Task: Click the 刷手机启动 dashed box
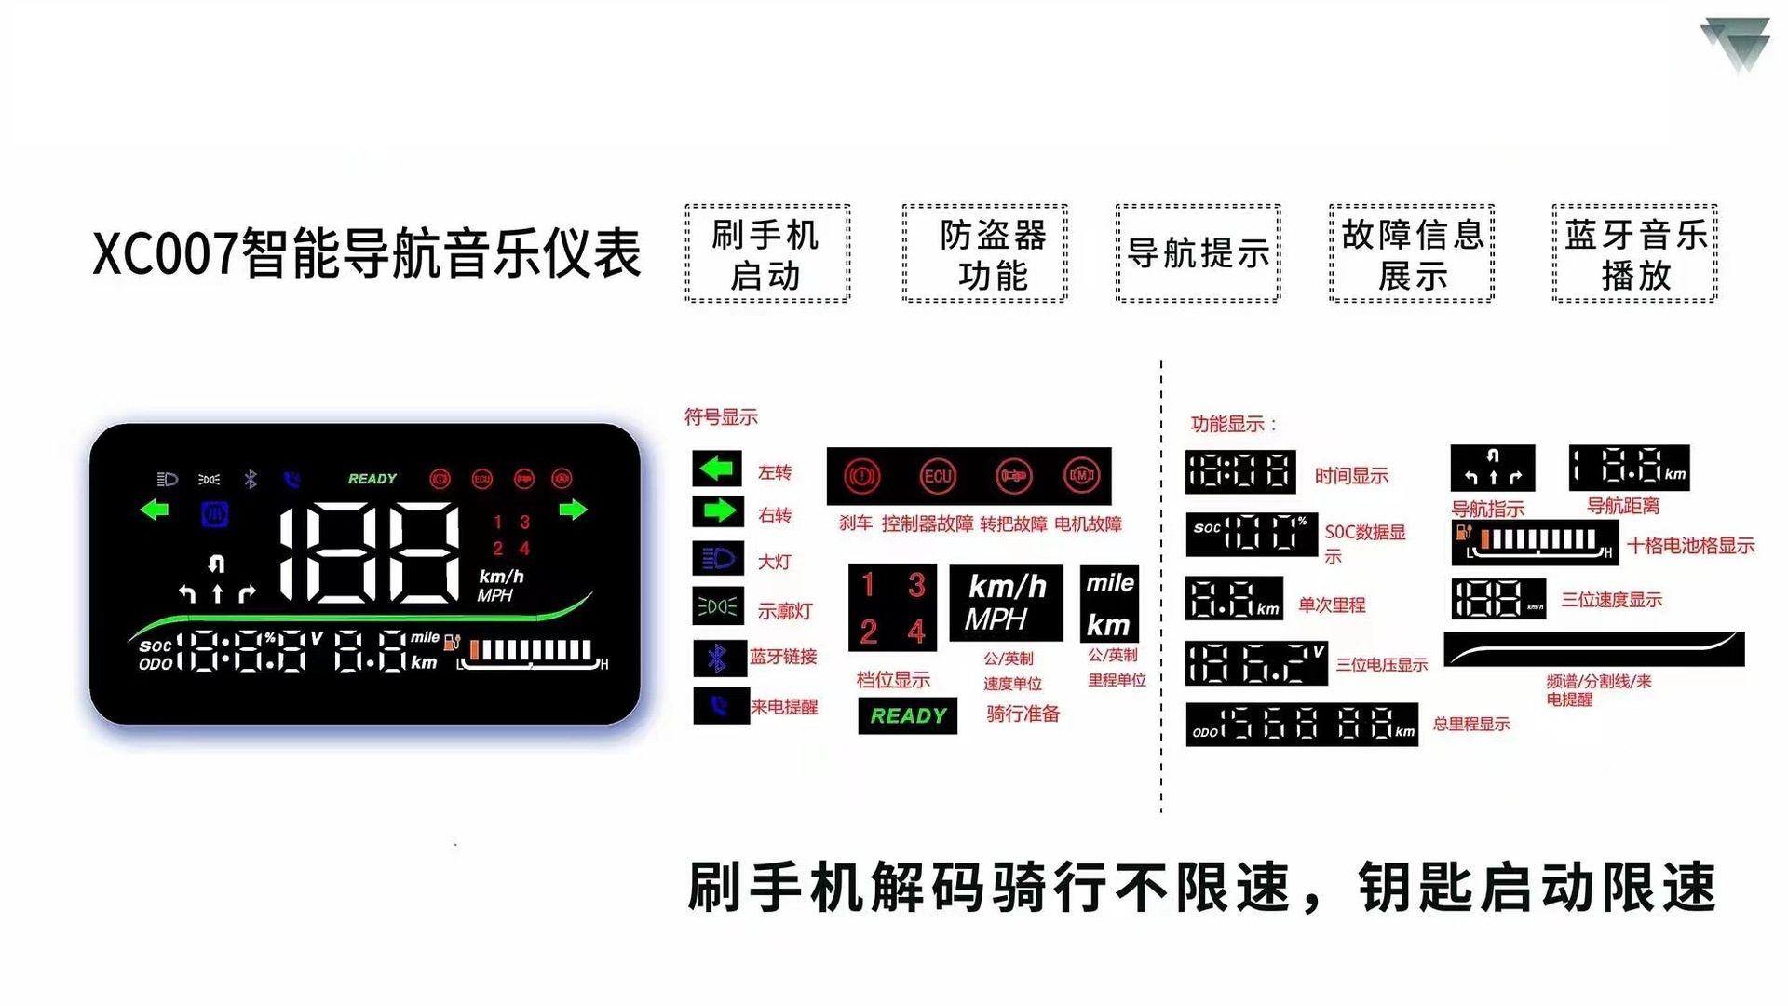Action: tap(767, 253)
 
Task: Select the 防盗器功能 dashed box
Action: tap(984, 253)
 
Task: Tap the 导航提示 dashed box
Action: tap(1198, 253)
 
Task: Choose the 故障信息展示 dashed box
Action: tap(1412, 253)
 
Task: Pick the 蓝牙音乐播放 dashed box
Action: tap(1634, 253)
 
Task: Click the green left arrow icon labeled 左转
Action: tap(717, 469)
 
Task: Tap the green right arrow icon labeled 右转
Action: tap(718, 510)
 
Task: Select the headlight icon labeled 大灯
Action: tap(718, 559)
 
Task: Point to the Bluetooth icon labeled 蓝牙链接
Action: tap(718, 659)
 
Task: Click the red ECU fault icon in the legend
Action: tap(937, 476)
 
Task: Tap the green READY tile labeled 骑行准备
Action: tap(908, 715)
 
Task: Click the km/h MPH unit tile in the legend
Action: tap(1006, 603)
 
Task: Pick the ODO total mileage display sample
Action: tap(1302, 725)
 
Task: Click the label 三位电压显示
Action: tap(1381, 664)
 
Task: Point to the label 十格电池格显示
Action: tap(1690, 546)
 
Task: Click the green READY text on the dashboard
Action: tap(372, 479)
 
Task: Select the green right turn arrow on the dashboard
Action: tap(573, 510)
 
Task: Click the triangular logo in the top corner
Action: tap(1736, 43)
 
